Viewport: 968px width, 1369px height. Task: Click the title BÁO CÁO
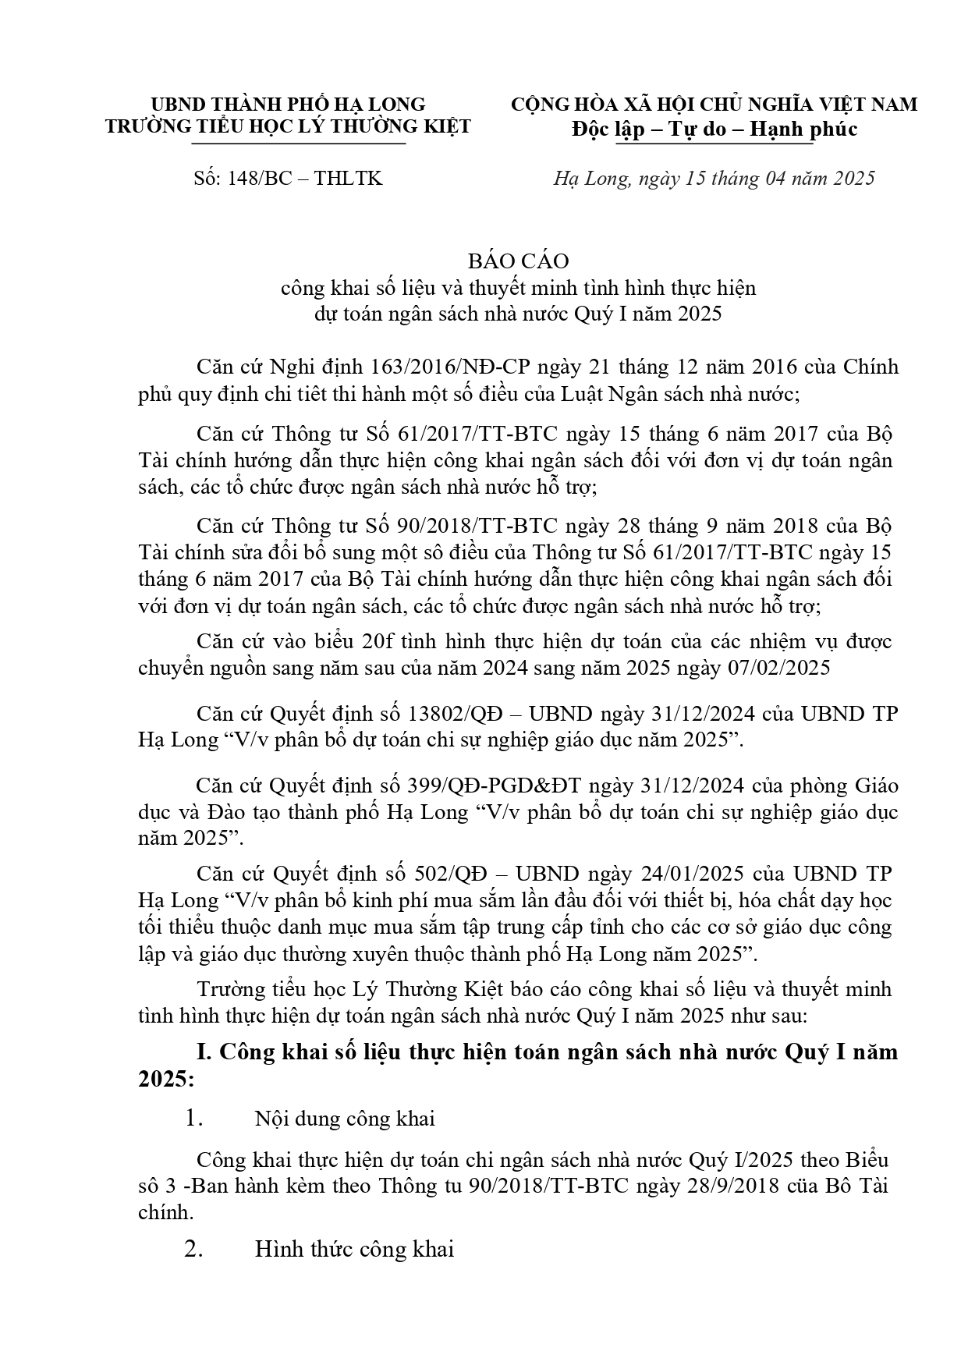pyautogui.click(x=518, y=261)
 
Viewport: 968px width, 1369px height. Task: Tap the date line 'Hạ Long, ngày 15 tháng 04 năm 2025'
pyautogui.click(x=714, y=179)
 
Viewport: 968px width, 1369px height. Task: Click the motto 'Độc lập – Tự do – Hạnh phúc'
pyautogui.click(x=714, y=129)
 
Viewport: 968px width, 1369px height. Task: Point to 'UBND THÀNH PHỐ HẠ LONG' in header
pyautogui.click(x=288, y=104)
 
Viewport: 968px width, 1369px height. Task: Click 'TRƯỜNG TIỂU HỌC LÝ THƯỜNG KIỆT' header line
pyautogui.click(x=289, y=126)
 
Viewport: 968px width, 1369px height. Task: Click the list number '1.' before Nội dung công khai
pyautogui.click(x=193, y=1119)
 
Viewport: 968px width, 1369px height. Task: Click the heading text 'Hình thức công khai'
pyautogui.click(x=354, y=1250)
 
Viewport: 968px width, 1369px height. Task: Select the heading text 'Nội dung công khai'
pyautogui.click(x=345, y=1119)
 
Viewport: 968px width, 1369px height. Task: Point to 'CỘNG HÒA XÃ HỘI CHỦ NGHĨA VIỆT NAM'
pyautogui.click(x=714, y=105)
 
